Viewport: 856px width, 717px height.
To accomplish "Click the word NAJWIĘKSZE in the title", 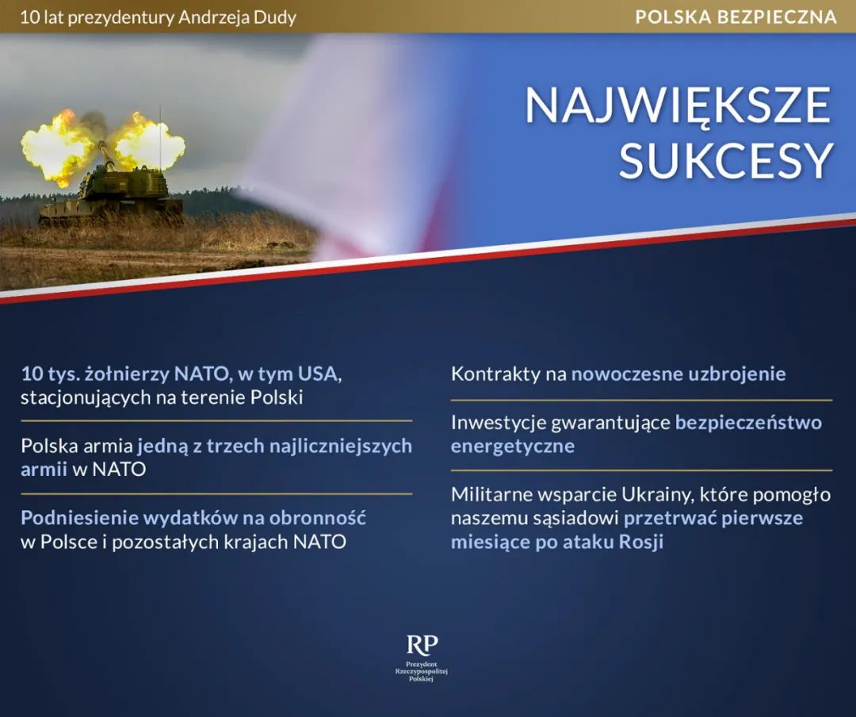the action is coord(678,106).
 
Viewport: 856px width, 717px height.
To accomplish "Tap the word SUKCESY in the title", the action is coord(726,161).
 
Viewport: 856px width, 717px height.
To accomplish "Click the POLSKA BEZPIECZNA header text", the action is coord(736,17).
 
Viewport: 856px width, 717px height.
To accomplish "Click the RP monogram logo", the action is coord(422,645).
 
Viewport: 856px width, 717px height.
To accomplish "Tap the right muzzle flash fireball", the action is coord(148,146).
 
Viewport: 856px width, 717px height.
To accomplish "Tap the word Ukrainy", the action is coord(657,495).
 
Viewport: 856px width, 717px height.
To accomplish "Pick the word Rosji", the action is coord(641,543).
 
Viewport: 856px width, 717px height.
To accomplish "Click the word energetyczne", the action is coord(513,447).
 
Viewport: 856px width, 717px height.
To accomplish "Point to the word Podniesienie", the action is coord(80,518).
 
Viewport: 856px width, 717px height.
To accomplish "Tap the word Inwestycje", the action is coord(498,423).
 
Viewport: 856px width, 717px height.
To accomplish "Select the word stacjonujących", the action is coord(86,398).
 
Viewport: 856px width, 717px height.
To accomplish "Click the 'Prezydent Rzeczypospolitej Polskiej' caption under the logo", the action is coord(422,671).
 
